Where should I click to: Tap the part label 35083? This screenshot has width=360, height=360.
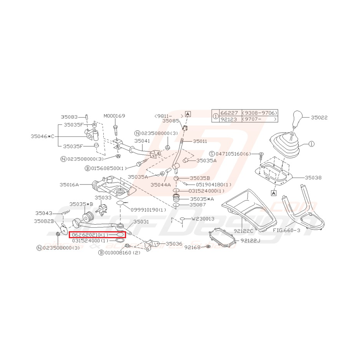tap(69, 116)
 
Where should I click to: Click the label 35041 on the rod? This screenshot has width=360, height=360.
tap(142, 142)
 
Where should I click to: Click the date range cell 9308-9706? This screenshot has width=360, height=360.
tap(259, 113)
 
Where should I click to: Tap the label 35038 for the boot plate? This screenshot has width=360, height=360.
tap(313, 178)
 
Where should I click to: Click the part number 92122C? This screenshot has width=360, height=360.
tap(243, 231)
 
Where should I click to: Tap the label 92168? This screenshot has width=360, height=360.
tap(192, 247)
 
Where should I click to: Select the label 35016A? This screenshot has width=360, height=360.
tap(69, 185)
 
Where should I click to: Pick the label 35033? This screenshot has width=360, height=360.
tap(102, 197)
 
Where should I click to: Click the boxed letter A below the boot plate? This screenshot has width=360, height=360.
tap(273, 193)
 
